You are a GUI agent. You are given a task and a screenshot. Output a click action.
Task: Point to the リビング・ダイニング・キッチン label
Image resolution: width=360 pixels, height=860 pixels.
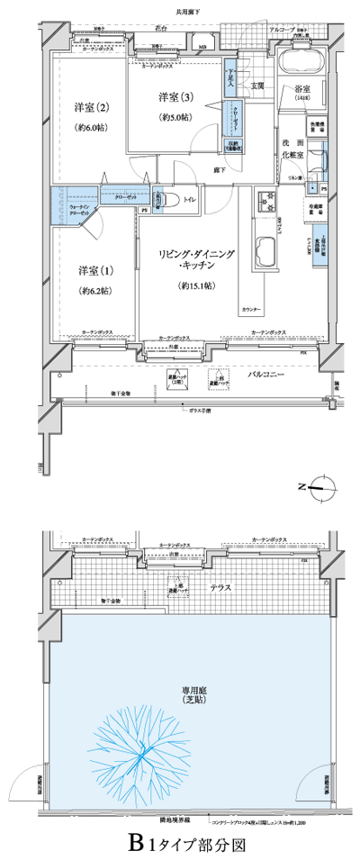196,261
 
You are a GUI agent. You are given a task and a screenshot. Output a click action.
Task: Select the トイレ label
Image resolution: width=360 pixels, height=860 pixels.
190,199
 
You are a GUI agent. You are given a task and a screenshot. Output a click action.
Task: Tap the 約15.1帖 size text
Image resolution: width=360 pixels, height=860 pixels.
196,285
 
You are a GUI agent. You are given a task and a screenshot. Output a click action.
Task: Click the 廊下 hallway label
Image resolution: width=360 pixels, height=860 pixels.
219,169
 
